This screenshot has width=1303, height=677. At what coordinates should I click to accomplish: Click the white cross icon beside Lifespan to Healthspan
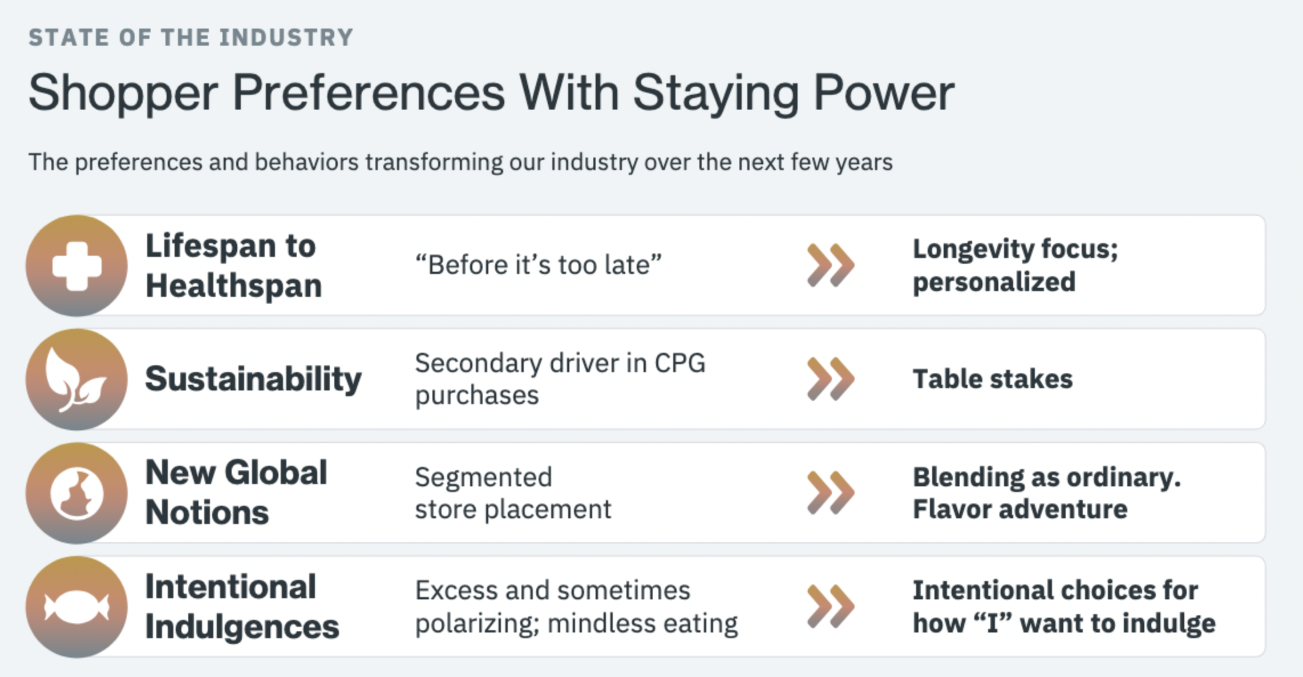click(77, 266)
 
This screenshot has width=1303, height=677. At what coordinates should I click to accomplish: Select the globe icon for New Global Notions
click(77, 493)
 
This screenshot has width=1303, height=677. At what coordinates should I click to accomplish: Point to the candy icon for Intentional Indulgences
click(77, 607)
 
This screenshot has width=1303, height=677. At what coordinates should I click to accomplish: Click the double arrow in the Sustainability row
click(831, 379)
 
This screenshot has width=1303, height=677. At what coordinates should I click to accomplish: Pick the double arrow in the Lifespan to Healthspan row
click(831, 265)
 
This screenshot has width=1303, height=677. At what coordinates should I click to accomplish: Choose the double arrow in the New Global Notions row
click(831, 493)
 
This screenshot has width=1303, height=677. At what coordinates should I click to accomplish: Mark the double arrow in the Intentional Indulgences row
click(831, 606)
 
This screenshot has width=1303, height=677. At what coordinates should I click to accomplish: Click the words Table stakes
click(993, 379)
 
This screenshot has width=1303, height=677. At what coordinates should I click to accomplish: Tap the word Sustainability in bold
click(253, 379)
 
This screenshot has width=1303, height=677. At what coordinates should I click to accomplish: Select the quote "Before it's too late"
click(538, 265)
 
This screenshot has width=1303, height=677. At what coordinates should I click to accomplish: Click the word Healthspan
click(234, 285)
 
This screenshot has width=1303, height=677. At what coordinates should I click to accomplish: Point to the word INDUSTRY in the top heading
click(286, 38)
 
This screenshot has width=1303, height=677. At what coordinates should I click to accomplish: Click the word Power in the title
click(884, 92)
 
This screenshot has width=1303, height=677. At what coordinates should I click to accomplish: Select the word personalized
click(994, 282)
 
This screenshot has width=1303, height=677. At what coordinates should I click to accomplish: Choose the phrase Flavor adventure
click(1020, 509)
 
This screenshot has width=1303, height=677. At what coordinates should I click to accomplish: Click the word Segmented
click(483, 477)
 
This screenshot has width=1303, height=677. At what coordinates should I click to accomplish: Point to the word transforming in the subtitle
click(434, 163)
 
